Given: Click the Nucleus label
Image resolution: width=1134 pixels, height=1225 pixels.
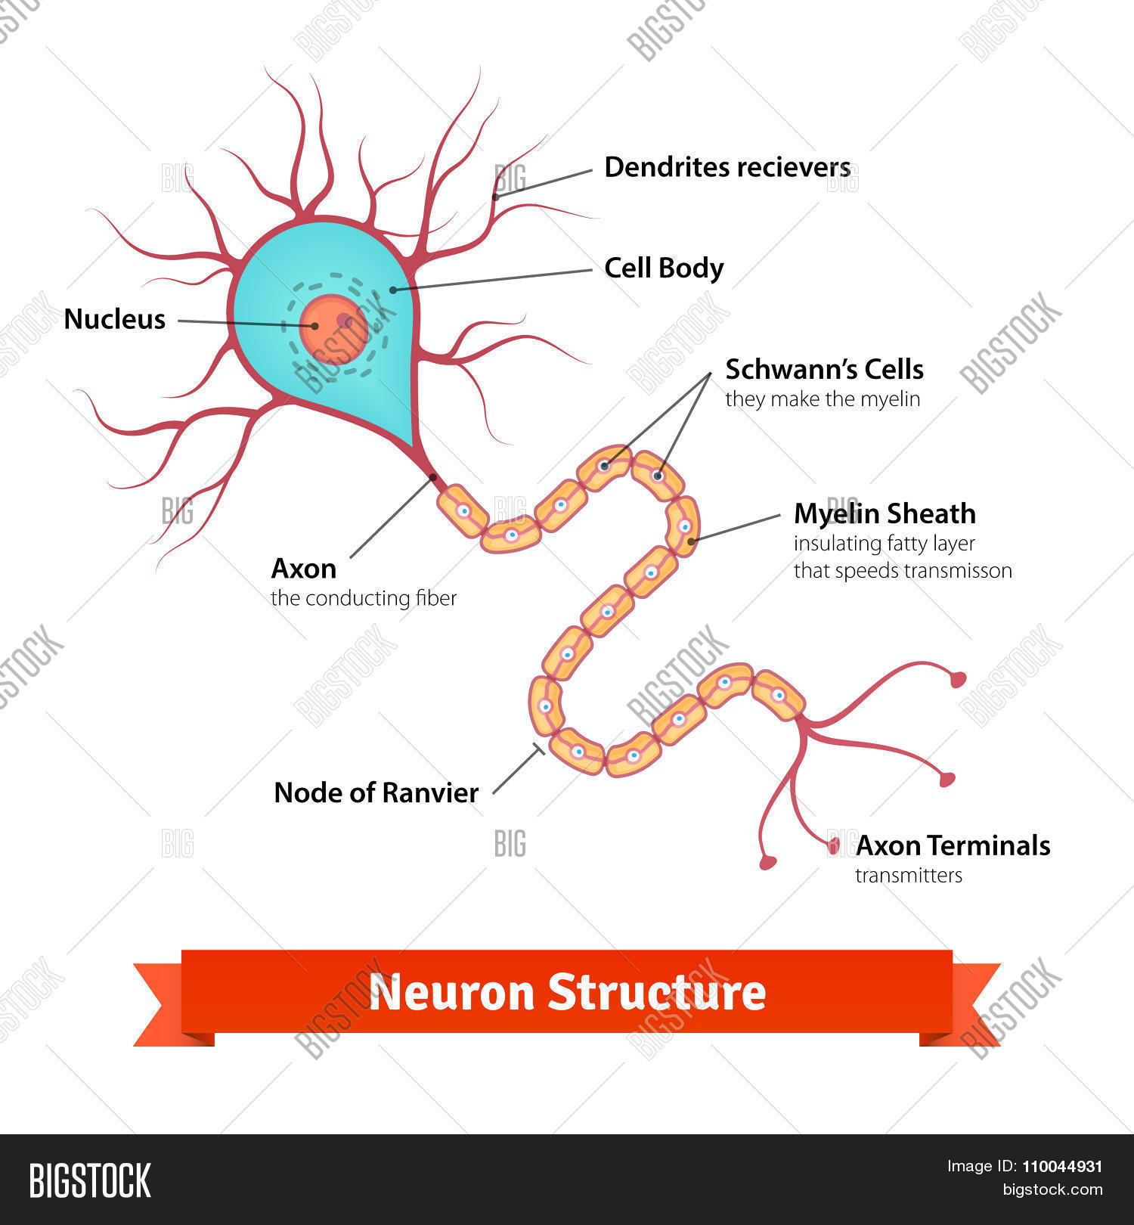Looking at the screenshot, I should click(114, 319).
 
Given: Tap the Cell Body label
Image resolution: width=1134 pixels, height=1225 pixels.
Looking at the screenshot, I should click(664, 268).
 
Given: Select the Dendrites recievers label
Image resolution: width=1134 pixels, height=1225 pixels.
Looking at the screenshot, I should click(727, 167).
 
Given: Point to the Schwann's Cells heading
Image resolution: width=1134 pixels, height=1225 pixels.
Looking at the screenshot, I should click(824, 369).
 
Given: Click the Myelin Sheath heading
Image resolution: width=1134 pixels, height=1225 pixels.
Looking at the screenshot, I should click(885, 513).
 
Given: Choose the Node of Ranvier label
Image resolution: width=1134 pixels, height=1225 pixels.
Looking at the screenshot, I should click(376, 792).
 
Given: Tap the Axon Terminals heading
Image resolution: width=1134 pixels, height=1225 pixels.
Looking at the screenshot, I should click(953, 845).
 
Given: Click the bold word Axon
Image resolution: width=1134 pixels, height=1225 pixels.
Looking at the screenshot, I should click(303, 568).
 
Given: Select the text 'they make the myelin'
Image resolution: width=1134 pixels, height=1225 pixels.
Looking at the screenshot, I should click(823, 399).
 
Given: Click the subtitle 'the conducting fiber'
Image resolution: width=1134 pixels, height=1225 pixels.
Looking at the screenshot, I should click(364, 598).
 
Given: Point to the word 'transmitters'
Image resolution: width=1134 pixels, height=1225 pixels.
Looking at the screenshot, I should click(909, 876).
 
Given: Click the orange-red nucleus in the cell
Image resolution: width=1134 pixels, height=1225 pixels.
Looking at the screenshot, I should click(333, 330).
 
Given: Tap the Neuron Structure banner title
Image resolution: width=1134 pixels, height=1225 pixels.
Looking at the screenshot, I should click(567, 992).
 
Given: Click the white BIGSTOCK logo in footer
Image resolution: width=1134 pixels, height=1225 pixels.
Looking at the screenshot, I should click(90, 1180).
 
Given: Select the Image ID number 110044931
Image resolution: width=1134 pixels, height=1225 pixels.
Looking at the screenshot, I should click(1062, 1167).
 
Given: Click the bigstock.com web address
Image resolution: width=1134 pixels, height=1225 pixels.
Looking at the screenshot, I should click(1052, 1189).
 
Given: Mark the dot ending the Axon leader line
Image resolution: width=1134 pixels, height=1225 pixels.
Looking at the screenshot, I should click(432, 476).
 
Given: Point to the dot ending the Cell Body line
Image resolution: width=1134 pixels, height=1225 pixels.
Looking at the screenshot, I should click(393, 290).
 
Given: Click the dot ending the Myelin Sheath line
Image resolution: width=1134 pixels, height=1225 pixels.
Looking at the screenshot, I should click(691, 541).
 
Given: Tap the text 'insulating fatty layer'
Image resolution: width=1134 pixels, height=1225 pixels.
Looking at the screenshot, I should click(884, 544).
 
